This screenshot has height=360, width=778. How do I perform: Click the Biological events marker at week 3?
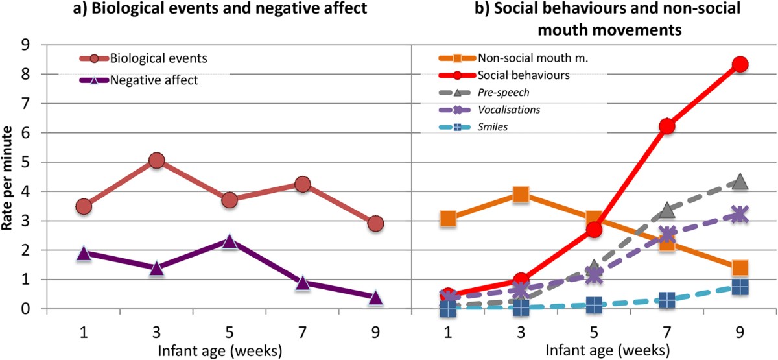click(x=156, y=160)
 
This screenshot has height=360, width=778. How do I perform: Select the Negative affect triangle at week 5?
click(x=230, y=241)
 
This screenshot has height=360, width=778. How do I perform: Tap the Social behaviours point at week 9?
click(x=740, y=64)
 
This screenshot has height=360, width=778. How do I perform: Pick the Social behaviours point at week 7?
click(x=667, y=126)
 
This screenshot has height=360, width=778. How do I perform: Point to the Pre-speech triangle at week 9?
click(x=740, y=182)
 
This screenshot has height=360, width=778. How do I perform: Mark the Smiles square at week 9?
click(x=740, y=287)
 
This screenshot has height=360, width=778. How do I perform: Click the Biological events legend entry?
click(x=158, y=58)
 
